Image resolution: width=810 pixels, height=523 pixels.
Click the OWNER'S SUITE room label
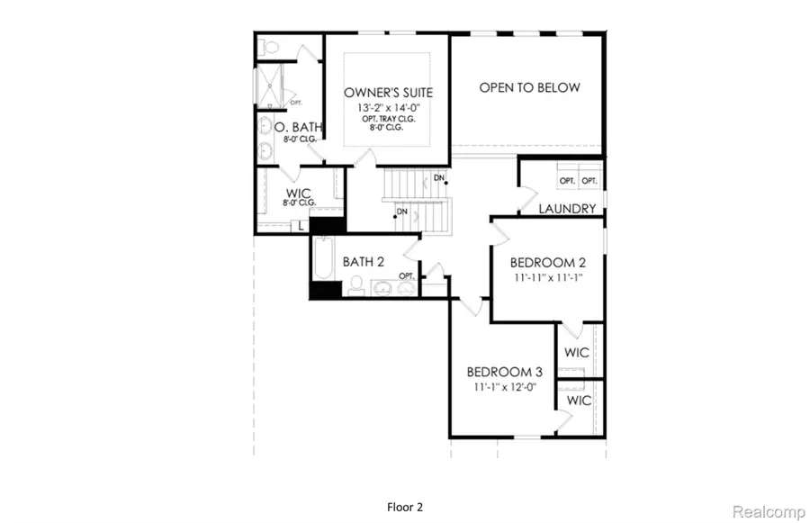(388, 93)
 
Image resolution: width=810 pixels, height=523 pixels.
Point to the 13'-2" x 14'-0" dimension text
(388, 108)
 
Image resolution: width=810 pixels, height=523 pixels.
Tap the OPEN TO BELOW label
(529, 88)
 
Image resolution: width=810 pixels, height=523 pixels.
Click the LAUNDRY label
(567, 209)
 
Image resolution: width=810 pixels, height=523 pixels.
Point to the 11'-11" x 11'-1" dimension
(547, 277)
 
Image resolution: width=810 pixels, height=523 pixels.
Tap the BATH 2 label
(364, 262)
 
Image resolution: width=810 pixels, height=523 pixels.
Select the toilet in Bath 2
(356, 286)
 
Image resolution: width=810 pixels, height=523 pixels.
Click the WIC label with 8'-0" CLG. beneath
(299, 194)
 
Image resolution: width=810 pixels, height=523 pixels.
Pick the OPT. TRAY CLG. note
(388, 119)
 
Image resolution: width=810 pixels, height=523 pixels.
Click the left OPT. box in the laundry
(566, 181)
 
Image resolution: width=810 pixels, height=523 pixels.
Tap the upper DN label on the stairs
(438, 177)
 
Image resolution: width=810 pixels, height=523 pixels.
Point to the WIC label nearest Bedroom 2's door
(577, 352)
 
